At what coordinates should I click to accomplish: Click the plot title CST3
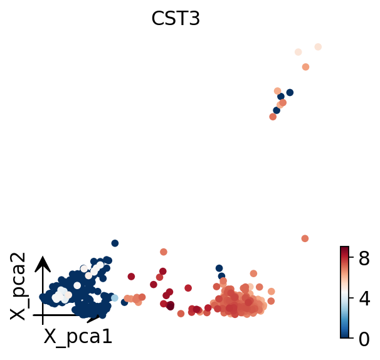[176, 19]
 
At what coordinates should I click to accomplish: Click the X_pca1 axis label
[78, 337]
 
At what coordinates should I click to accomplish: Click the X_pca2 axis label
[19, 286]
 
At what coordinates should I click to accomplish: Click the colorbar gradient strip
[344, 292]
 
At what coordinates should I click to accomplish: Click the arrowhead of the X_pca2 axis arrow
[43, 260]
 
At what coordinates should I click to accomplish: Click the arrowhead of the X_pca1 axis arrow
[95, 319]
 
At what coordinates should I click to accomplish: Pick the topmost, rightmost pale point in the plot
[318, 47]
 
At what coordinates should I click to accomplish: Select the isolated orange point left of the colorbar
[305, 238]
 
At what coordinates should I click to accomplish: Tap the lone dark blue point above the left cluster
[115, 243]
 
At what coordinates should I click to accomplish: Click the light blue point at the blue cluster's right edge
[114, 298]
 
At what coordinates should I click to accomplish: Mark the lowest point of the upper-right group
[273, 117]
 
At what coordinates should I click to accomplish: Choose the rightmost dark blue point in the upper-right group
[290, 93]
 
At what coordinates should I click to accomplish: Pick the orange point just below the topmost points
[305, 67]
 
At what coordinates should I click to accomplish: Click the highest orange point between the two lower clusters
[164, 252]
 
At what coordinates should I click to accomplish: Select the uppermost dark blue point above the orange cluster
[219, 268]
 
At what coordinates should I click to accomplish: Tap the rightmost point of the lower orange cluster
[272, 292]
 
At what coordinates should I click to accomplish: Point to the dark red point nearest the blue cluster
[131, 276]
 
